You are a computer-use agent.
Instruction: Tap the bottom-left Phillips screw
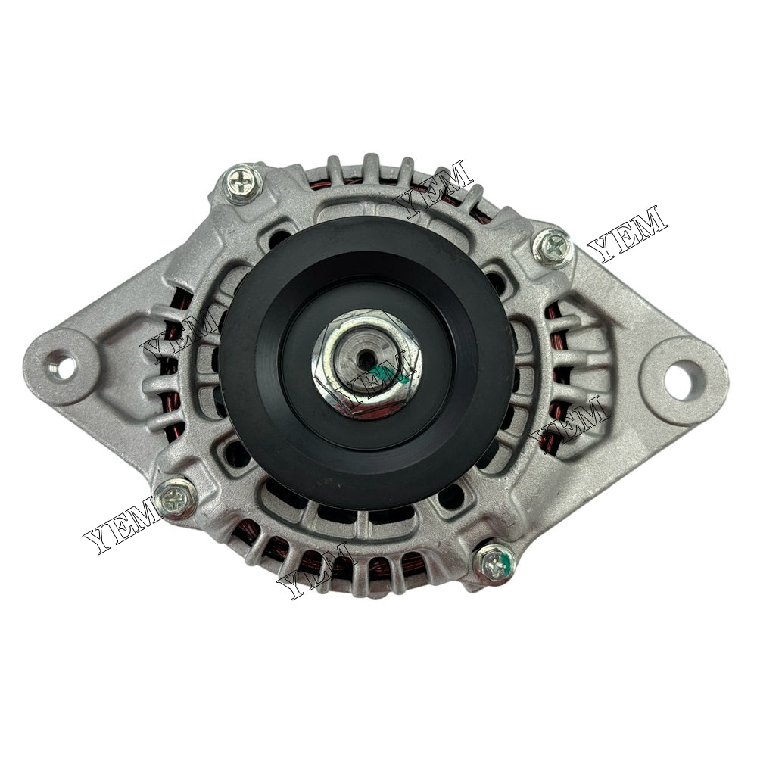tap(176, 497)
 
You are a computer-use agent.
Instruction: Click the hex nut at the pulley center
tap(367, 363)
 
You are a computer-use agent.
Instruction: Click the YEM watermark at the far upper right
tap(628, 233)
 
